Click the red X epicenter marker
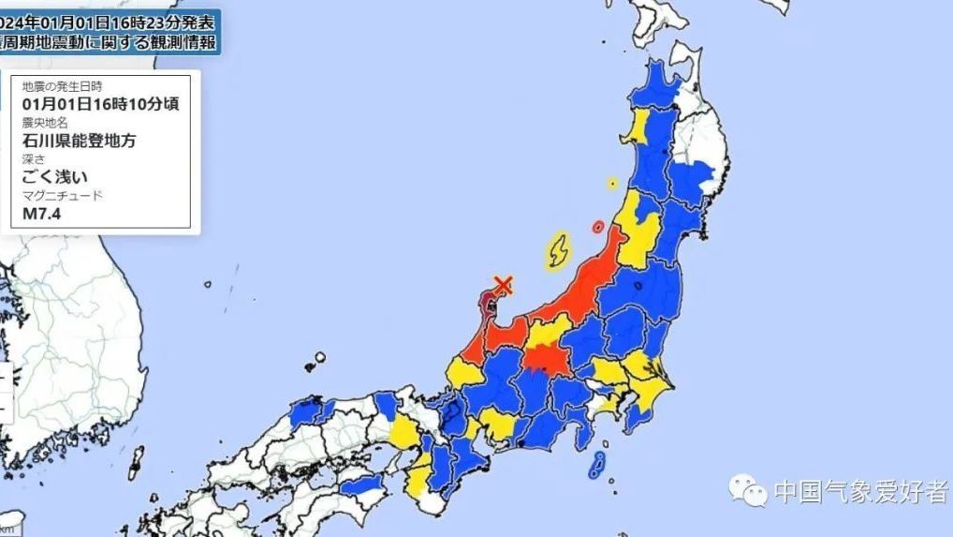pyautogui.click(x=504, y=284)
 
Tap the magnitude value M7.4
pyautogui.click(x=41, y=214)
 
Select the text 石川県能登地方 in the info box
pyautogui.click(x=80, y=141)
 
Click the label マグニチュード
pyautogui.click(x=62, y=195)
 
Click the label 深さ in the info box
pyautogui.click(x=34, y=159)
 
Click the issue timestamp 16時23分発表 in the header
pyautogui.click(x=164, y=20)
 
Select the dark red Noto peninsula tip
pyautogui.click(x=490, y=303)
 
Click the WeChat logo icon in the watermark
pyautogui.click(x=748, y=488)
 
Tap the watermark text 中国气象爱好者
pyautogui.click(x=859, y=492)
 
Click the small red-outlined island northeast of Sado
pyautogui.click(x=598, y=226)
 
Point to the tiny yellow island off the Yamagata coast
pyautogui.click(x=612, y=183)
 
